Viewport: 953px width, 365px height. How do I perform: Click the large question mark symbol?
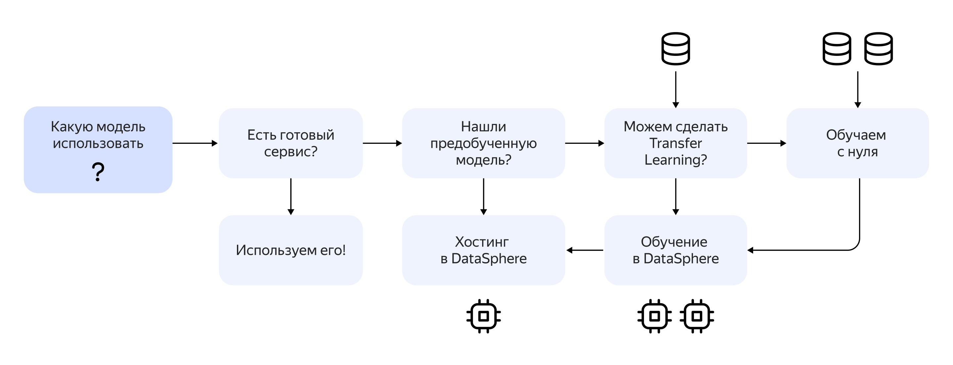pyautogui.click(x=98, y=172)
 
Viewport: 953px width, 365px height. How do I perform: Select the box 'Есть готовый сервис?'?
pyautogui.click(x=291, y=143)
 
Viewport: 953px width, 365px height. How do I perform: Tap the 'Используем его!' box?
pyautogui.click(x=291, y=250)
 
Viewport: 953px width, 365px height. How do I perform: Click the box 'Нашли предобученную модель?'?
pyautogui.click(x=483, y=143)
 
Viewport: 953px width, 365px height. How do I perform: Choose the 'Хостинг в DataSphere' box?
pyautogui.click(x=483, y=250)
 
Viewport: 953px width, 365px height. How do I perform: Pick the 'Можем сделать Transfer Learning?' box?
pyautogui.click(x=675, y=143)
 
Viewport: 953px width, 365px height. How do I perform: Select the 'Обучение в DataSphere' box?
pyautogui.click(x=675, y=250)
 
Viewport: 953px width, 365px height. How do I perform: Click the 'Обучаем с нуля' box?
pyautogui.click(x=858, y=143)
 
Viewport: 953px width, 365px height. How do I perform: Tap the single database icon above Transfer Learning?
pyautogui.click(x=675, y=49)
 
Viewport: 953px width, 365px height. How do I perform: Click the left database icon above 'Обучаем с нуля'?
pyautogui.click(x=837, y=49)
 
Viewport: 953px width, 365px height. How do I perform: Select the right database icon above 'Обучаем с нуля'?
pyautogui.click(x=879, y=49)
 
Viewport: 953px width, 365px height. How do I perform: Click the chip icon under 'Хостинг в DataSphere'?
pyautogui.click(x=483, y=316)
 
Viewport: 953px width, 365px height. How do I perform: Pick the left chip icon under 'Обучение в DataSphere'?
pyautogui.click(x=655, y=316)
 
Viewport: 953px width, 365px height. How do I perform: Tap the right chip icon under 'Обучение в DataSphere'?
pyautogui.click(x=697, y=316)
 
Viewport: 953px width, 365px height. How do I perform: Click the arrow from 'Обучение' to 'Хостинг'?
pyautogui.click(x=585, y=250)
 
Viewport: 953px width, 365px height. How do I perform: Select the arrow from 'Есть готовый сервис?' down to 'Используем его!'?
pyautogui.click(x=291, y=197)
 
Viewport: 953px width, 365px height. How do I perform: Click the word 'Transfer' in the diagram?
pyautogui.click(x=675, y=143)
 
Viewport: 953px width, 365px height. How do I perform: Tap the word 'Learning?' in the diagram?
pyautogui.click(x=675, y=160)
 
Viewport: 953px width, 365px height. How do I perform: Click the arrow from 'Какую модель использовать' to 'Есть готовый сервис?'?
pyautogui.click(x=195, y=143)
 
